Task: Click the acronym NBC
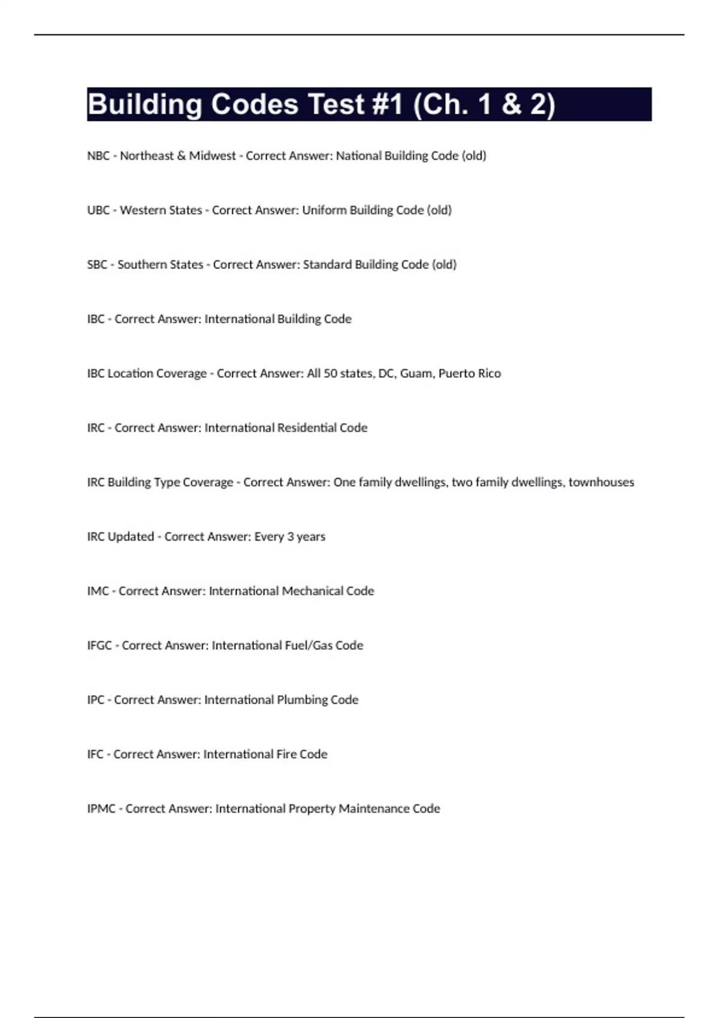98,156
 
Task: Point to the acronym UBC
98,210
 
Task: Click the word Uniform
324,210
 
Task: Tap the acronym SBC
97,265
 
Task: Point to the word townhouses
601,483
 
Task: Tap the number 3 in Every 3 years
291,537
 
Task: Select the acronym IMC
98,592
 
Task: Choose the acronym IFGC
99,646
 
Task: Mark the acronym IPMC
101,809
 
